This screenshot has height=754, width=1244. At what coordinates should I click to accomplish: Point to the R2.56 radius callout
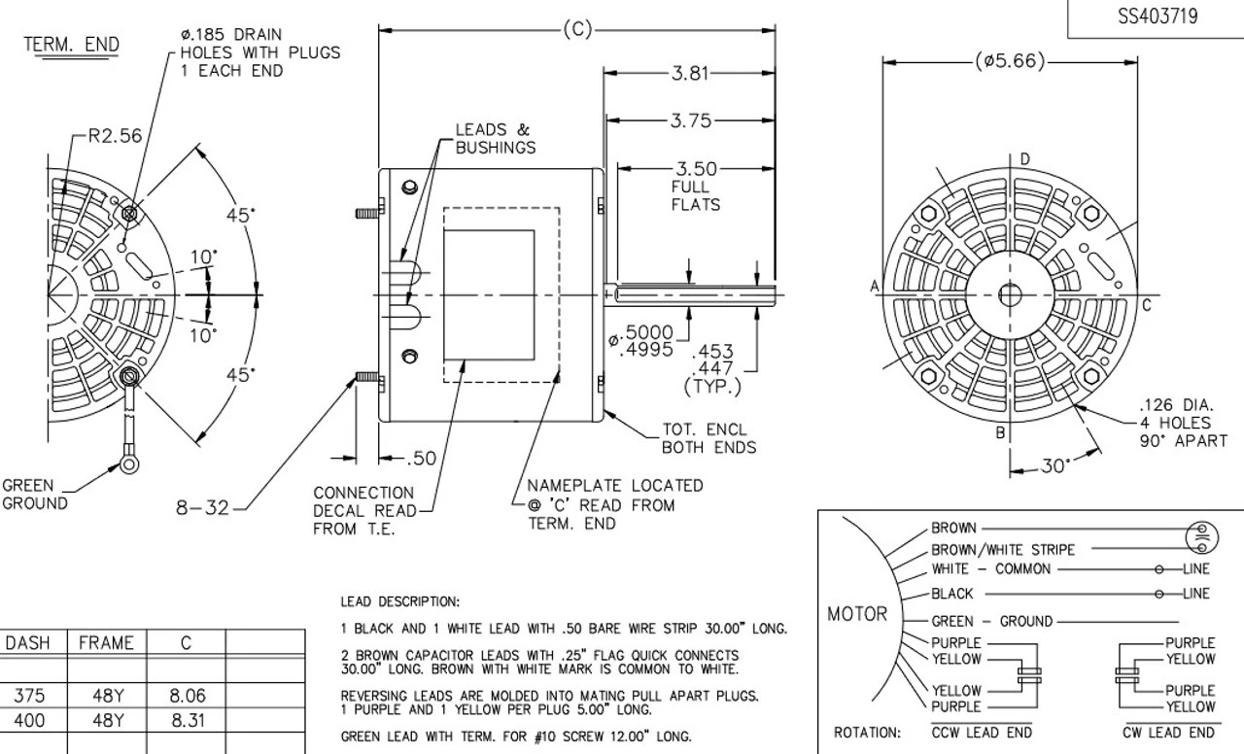pyautogui.click(x=115, y=136)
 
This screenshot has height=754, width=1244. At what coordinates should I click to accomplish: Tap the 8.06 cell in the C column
pyautogui.click(x=185, y=696)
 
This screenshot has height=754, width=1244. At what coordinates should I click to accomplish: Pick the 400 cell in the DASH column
pyautogui.click(x=33, y=721)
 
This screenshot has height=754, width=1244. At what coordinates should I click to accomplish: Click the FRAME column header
pyautogui.click(x=106, y=643)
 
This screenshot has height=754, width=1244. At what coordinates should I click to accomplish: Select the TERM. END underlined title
pyautogui.click(x=72, y=45)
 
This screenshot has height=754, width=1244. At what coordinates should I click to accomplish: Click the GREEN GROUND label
pyautogui.click(x=35, y=495)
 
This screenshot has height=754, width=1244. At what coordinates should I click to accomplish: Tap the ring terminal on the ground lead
pyautogui.click(x=129, y=464)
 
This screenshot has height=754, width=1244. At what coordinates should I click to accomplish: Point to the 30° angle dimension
pyautogui.click(x=1051, y=466)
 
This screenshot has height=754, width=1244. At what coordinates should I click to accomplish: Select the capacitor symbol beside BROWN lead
pyautogui.click(x=1203, y=536)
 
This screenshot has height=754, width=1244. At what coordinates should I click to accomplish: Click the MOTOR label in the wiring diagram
pyautogui.click(x=856, y=614)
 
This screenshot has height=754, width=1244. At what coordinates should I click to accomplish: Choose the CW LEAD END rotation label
pyautogui.click(x=1167, y=732)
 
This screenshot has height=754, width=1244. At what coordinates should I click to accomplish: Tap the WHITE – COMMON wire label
pyautogui.click(x=990, y=568)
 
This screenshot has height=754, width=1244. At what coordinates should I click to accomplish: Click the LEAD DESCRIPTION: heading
pyautogui.click(x=400, y=602)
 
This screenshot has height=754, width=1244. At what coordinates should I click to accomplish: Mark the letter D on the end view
pyautogui.click(x=1024, y=159)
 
